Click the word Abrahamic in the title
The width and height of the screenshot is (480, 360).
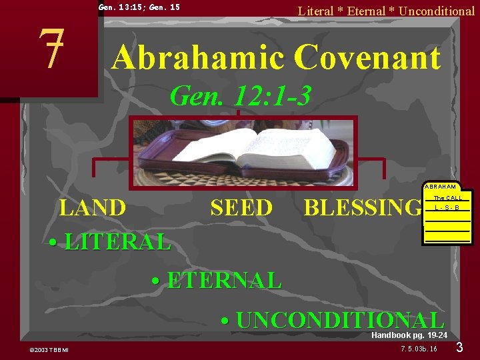(197, 57)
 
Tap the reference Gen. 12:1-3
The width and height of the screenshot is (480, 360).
(240, 96)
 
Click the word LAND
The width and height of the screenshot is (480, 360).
(92, 208)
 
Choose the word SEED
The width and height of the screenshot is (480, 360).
(241, 208)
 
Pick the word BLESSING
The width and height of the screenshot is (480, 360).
(362, 208)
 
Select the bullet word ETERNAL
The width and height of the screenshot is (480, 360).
(224, 281)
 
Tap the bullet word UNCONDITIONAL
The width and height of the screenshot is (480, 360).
(340, 320)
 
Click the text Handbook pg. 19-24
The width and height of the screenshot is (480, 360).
(409, 335)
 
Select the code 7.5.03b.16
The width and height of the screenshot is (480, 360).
(419, 349)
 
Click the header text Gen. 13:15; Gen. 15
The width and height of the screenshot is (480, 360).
(139, 7)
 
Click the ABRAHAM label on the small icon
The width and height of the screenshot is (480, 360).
(440, 187)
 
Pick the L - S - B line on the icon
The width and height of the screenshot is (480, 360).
(447, 208)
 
